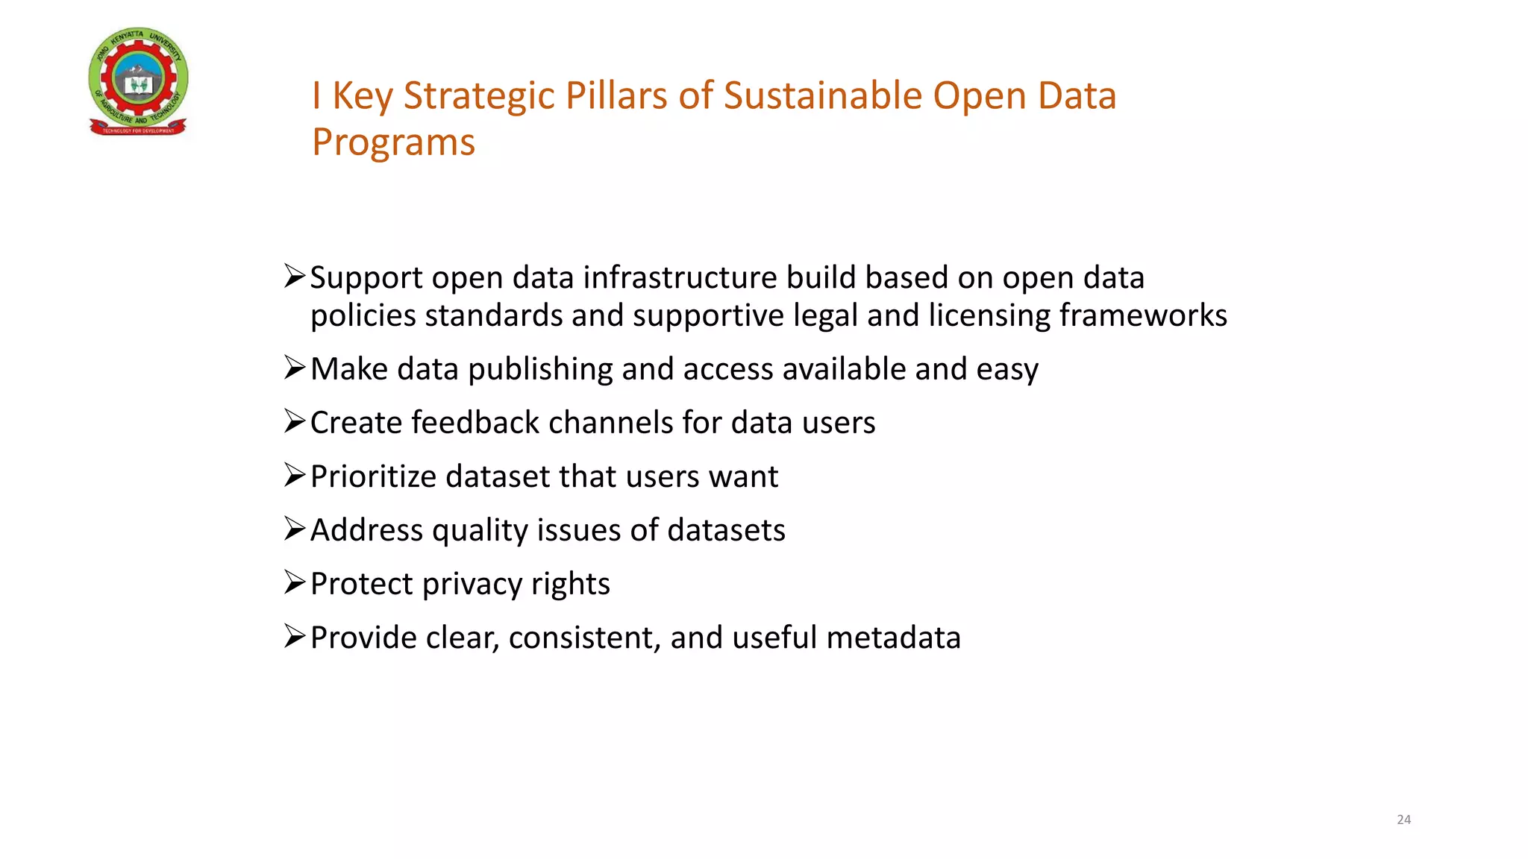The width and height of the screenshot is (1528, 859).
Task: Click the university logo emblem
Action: [x=139, y=82]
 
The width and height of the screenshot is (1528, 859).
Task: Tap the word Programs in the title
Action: [x=393, y=142]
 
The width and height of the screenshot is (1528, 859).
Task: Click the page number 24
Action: [x=1403, y=819]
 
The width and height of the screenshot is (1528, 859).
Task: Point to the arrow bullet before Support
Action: [x=295, y=277]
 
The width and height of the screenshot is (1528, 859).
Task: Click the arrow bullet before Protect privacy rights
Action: [x=295, y=582]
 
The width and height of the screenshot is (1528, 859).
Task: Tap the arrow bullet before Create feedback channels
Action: [x=295, y=421]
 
